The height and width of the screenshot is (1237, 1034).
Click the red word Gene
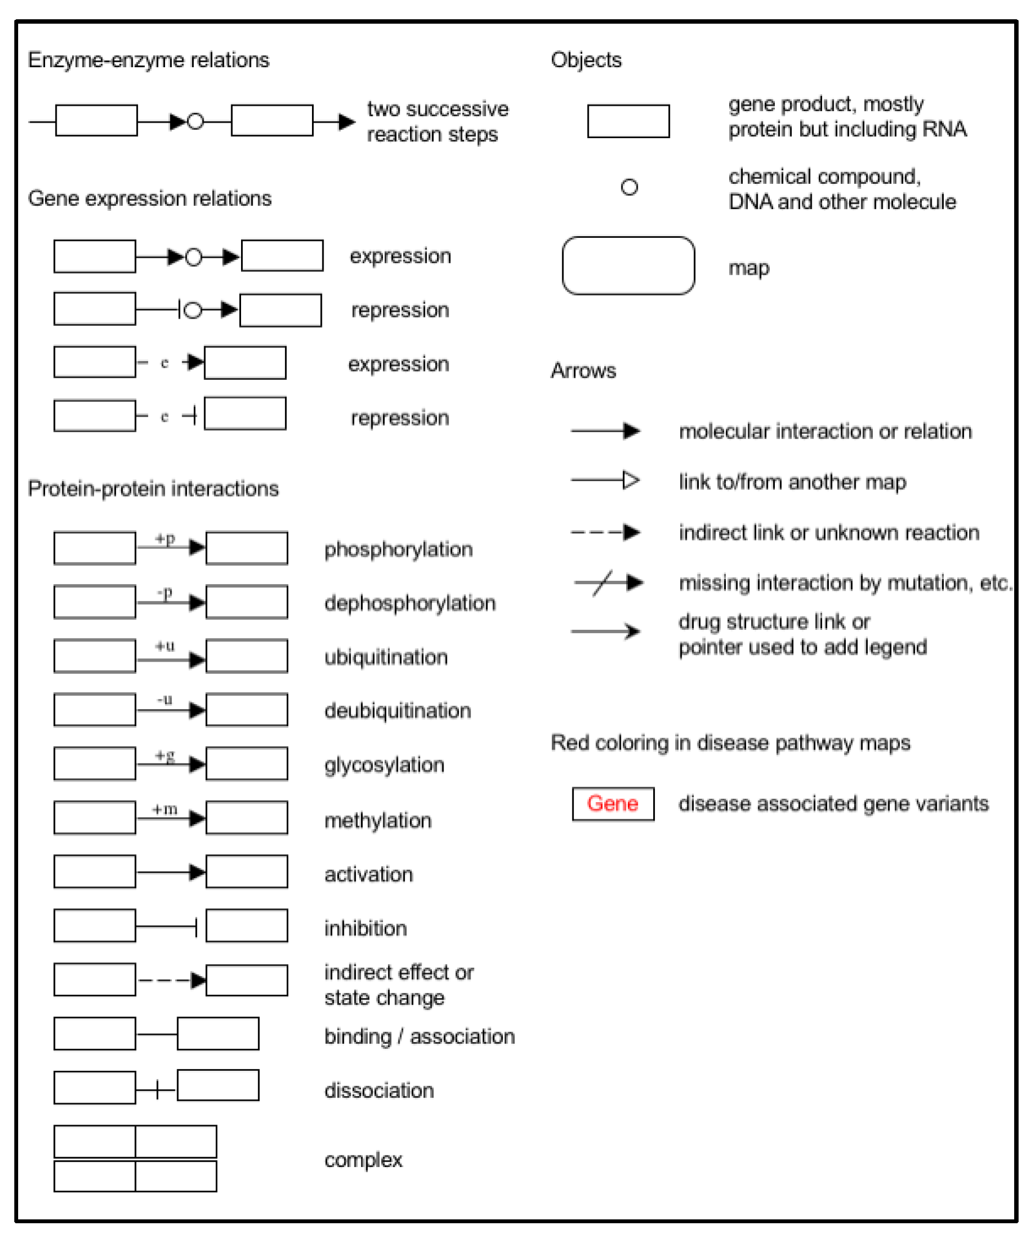612,803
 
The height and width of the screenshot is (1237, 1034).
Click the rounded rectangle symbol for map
628,266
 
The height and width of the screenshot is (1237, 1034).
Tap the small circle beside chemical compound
630,187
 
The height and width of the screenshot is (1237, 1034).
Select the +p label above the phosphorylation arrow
165,538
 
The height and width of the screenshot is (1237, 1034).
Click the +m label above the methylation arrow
165,809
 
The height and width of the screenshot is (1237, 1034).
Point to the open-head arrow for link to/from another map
605,480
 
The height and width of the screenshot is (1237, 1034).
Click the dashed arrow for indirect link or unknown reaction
605,532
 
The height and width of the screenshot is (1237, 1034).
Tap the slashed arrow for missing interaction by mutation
608,582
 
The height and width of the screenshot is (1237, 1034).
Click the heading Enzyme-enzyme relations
149,60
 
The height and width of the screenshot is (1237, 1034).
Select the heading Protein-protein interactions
153,489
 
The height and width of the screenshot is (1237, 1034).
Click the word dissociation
379,1091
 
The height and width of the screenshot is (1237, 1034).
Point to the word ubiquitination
386,657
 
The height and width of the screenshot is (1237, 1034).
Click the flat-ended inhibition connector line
167,927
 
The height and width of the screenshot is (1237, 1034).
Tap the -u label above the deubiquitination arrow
165,700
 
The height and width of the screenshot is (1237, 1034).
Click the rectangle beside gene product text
628,121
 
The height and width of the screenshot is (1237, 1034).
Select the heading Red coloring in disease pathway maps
730,743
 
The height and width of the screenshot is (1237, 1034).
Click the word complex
363,1159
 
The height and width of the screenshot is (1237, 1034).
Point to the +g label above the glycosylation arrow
165,755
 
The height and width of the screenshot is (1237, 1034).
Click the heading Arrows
583,370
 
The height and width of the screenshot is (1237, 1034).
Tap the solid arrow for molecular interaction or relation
605,431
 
